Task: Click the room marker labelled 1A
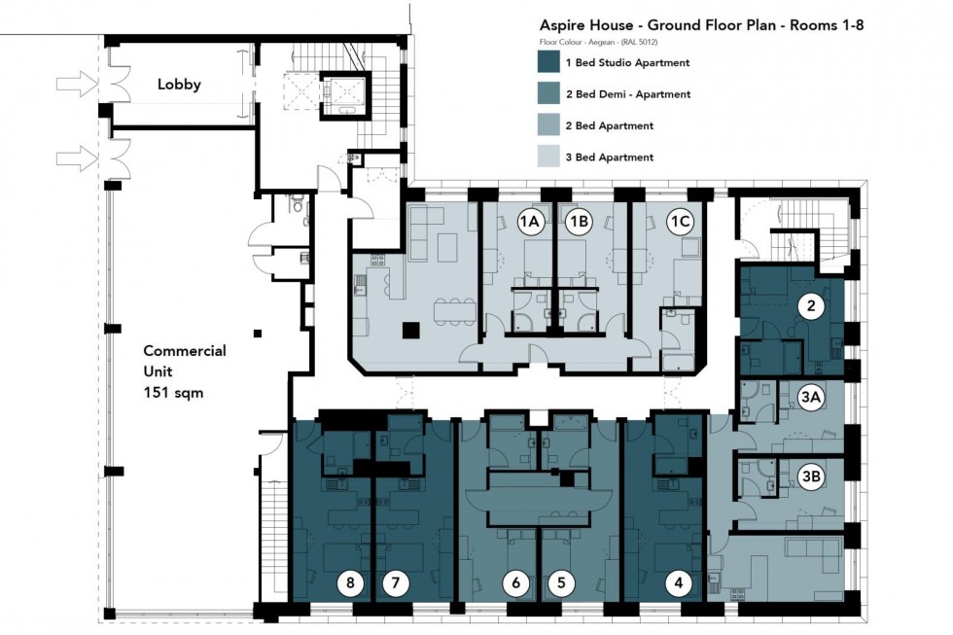(529, 223)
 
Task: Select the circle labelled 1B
(580, 223)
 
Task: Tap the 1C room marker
(680, 223)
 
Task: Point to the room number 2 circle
(811, 307)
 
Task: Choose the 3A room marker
(811, 396)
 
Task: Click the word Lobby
(179, 85)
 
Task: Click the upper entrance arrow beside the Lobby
(75, 86)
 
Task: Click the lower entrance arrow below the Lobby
(75, 156)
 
